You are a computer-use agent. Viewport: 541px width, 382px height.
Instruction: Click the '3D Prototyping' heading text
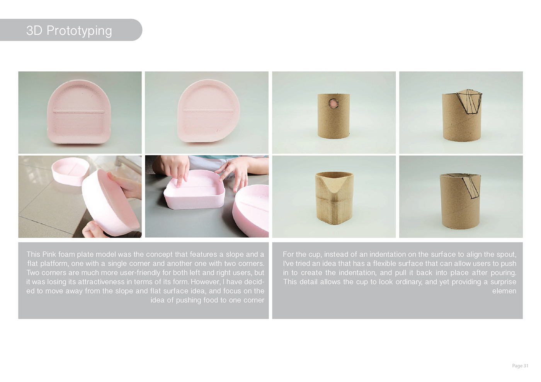(69, 30)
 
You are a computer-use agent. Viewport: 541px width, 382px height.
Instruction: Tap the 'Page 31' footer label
(520, 366)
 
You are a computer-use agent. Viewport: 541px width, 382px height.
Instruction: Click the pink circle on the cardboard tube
(333, 104)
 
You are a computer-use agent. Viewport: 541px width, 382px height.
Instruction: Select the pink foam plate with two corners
(79, 112)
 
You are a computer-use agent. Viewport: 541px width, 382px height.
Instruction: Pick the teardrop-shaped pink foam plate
(209, 111)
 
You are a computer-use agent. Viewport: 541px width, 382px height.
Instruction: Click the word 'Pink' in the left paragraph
(49, 254)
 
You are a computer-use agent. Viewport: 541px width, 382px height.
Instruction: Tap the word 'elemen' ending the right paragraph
(504, 291)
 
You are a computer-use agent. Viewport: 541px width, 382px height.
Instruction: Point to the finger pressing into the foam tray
(182, 175)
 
